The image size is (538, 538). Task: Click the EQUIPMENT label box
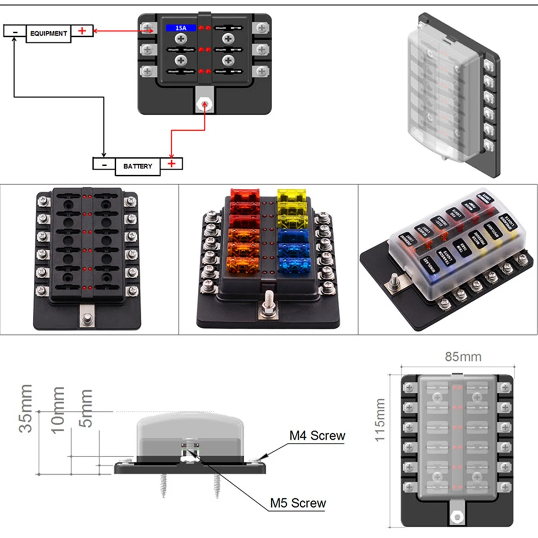(x=48, y=33)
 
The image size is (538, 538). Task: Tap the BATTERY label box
(x=138, y=166)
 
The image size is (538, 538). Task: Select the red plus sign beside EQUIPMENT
(x=82, y=31)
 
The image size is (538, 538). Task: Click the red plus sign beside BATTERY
(x=172, y=164)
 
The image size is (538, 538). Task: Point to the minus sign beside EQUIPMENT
(x=15, y=32)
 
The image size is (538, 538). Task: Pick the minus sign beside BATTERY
(x=105, y=164)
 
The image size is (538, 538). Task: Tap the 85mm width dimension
(x=463, y=357)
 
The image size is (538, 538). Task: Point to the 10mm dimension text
(x=57, y=409)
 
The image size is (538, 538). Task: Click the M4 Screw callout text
(x=317, y=435)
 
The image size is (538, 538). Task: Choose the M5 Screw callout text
(x=298, y=503)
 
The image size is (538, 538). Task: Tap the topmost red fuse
(x=245, y=195)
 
